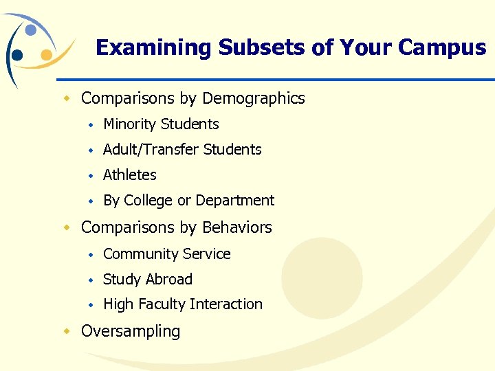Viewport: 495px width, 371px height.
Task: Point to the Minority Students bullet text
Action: pyautogui.click(x=161, y=124)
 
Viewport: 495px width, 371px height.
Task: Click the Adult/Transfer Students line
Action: pyautogui.click(x=182, y=150)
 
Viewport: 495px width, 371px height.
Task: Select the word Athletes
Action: pyautogui.click(x=130, y=175)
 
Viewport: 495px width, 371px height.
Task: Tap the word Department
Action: pyautogui.click(x=235, y=201)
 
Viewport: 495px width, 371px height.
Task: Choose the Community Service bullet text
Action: pyautogui.click(x=166, y=254)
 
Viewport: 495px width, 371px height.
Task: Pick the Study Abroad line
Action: pyautogui.click(x=147, y=280)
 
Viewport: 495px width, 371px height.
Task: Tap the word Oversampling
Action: pyautogui.click(x=131, y=331)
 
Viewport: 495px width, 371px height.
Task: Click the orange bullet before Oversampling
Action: pyautogui.click(x=67, y=331)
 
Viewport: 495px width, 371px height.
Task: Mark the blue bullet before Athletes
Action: pyautogui.click(x=90, y=175)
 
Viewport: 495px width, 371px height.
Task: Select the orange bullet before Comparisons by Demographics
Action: pyautogui.click(x=67, y=99)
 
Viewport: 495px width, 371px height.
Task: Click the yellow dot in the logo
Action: pyautogui.click(x=46, y=54)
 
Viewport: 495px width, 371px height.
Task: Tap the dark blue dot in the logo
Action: pyautogui.click(x=17, y=55)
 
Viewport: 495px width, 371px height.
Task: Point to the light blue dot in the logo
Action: pyautogui.click(x=31, y=30)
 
